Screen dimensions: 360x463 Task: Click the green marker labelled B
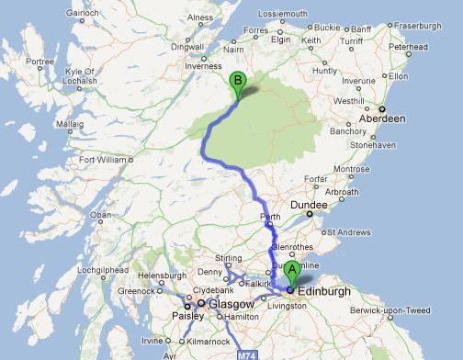click(x=238, y=81)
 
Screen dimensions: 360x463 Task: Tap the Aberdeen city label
click(x=382, y=118)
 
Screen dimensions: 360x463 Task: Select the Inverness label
click(x=203, y=66)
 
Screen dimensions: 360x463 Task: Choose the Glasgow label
click(x=224, y=302)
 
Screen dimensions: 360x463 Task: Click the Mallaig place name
click(x=70, y=121)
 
